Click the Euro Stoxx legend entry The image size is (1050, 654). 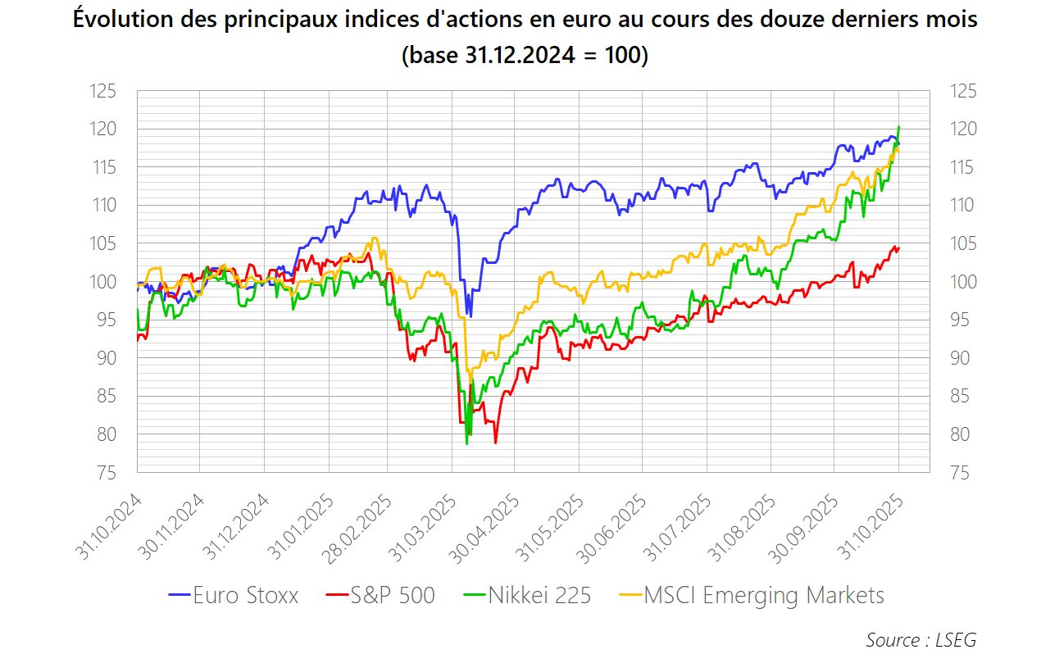[x=234, y=595]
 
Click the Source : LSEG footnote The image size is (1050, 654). [x=920, y=639]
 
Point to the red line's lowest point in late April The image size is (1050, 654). [x=495, y=443]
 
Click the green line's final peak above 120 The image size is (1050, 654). [x=899, y=127]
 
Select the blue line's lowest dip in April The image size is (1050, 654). [x=470, y=316]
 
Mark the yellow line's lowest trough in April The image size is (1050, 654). [x=467, y=373]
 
